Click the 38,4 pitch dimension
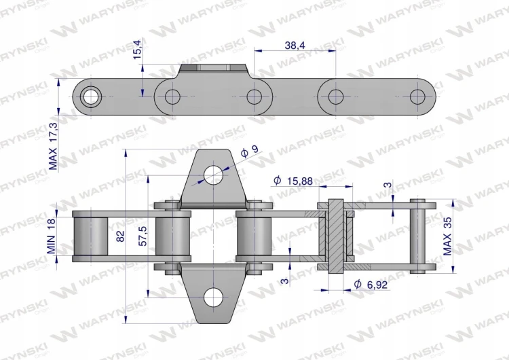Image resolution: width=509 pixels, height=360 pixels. point(295,46)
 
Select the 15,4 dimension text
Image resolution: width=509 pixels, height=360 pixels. point(137,50)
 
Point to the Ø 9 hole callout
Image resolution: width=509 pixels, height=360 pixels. point(250,151)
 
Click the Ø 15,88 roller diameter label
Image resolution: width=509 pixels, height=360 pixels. point(293,180)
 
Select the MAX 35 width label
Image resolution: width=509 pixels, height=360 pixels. point(447,236)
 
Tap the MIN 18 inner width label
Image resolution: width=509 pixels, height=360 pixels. point(52,236)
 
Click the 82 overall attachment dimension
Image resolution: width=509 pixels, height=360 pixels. point(119,236)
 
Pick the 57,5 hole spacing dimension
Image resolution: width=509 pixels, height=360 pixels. point(143,236)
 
